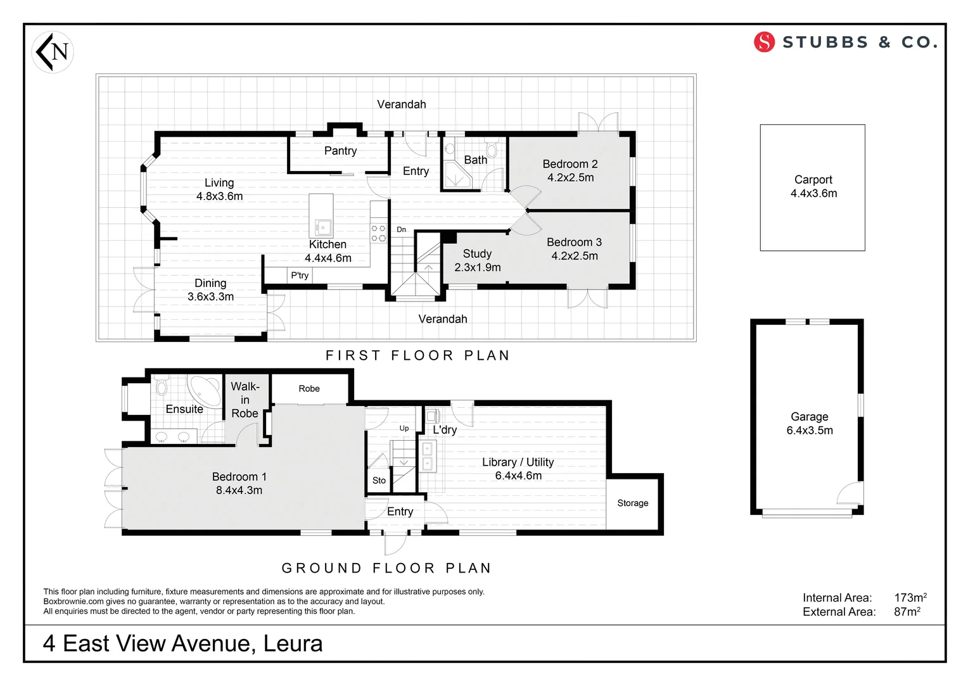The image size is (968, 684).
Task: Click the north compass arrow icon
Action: pos(52,51)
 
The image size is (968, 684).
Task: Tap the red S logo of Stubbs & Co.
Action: pos(764,42)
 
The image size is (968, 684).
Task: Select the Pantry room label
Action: pos(340,151)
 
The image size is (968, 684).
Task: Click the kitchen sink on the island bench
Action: pos(323,226)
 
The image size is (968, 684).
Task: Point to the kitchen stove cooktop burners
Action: pos(378,233)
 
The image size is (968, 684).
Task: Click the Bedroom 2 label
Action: pos(570,164)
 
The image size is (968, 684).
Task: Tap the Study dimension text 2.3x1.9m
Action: pos(478,267)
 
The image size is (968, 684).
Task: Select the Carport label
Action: pos(813,180)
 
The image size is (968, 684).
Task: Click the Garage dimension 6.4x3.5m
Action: pos(810,431)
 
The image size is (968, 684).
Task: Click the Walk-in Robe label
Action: pos(245,400)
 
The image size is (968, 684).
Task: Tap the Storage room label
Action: pos(633,503)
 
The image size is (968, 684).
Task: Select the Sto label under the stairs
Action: pos(379,481)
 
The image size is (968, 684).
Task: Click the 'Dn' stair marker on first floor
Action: pos(402,229)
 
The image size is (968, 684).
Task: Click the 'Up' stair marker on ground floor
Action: pos(404,428)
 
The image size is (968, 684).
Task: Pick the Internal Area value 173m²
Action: pos(910,597)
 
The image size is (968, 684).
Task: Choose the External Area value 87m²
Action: pos(907,612)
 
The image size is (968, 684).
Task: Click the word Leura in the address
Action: pos(293,643)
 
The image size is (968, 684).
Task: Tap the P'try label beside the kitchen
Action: pos(300,275)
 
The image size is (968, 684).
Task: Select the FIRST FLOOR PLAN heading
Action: pos(417,355)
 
